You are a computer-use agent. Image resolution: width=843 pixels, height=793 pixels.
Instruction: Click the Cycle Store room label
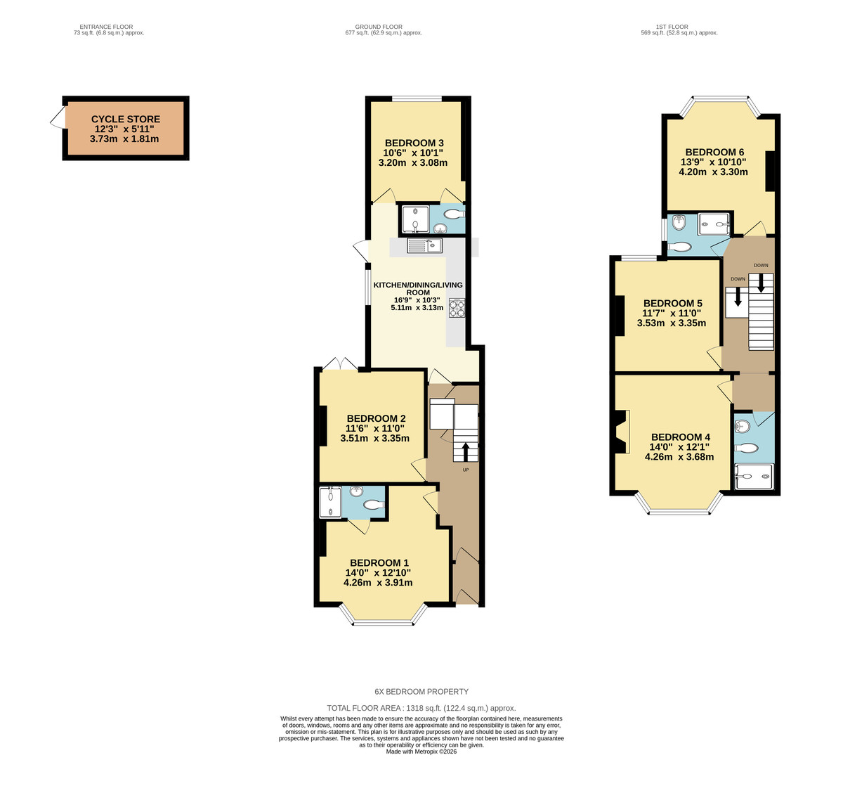(x=126, y=120)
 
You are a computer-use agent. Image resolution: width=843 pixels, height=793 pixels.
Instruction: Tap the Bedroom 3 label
(x=414, y=143)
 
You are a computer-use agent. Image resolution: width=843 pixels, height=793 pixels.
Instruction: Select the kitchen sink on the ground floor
(x=424, y=245)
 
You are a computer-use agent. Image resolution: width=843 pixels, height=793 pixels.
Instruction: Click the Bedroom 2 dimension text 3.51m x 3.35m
(x=374, y=439)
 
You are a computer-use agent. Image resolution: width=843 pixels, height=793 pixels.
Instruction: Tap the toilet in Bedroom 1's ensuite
(x=373, y=504)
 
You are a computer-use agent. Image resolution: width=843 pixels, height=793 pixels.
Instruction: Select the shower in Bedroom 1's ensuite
(x=329, y=503)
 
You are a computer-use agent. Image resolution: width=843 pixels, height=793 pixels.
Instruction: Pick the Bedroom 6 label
(x=714, y=153)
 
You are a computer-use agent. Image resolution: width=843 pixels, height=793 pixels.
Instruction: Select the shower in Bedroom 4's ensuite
(x=754, y=476)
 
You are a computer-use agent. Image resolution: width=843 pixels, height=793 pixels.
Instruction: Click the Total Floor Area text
(x=421, y=709)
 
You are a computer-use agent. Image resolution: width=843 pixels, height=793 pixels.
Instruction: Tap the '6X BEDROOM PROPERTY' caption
(x=421, y=692)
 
